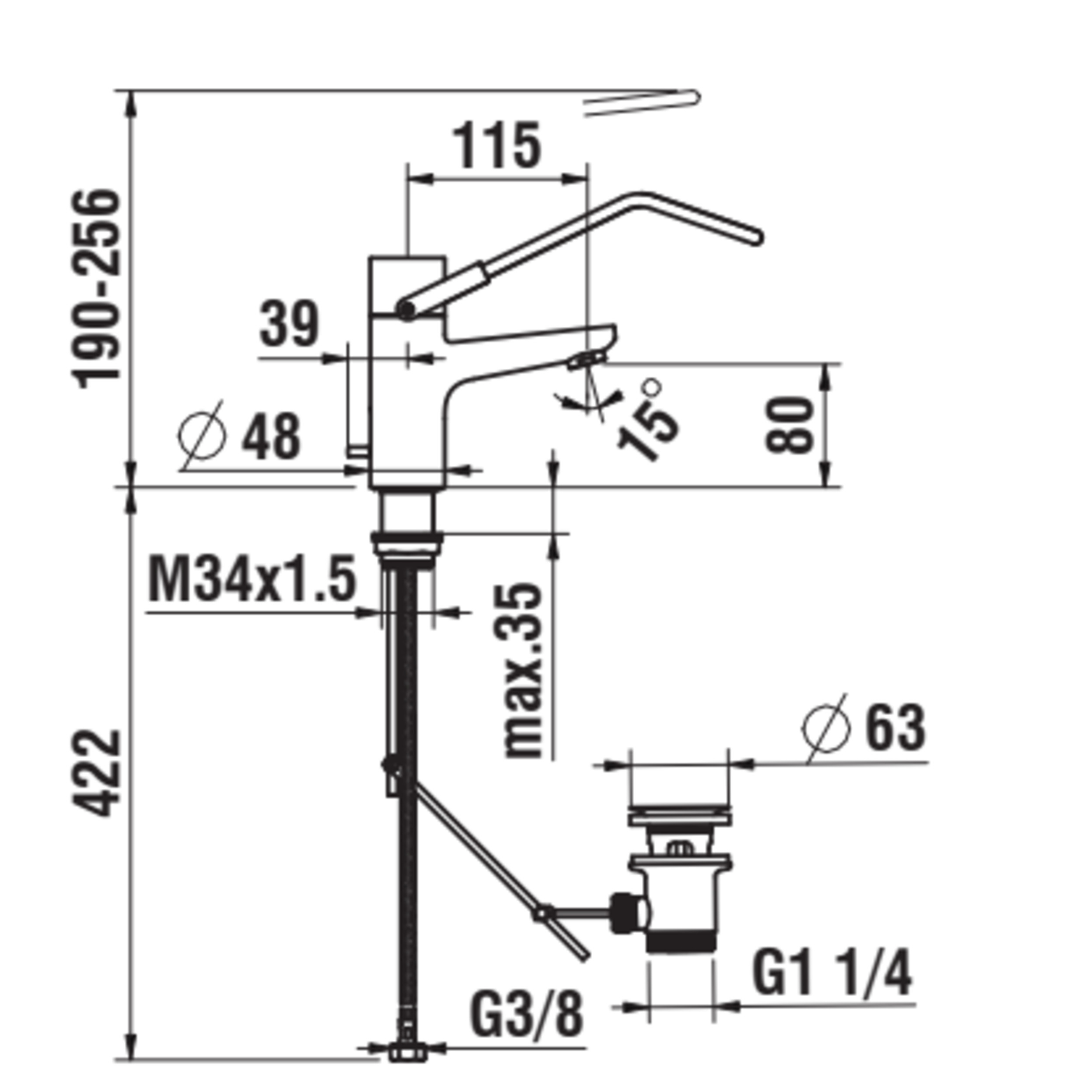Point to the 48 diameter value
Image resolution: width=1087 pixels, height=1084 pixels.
272,436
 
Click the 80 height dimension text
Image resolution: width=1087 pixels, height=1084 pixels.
790,425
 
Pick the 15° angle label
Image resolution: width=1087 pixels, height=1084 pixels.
647,419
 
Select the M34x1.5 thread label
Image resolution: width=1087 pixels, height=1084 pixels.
252,579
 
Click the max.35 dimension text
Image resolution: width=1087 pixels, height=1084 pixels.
523,671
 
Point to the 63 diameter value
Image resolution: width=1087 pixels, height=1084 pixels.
895,728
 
